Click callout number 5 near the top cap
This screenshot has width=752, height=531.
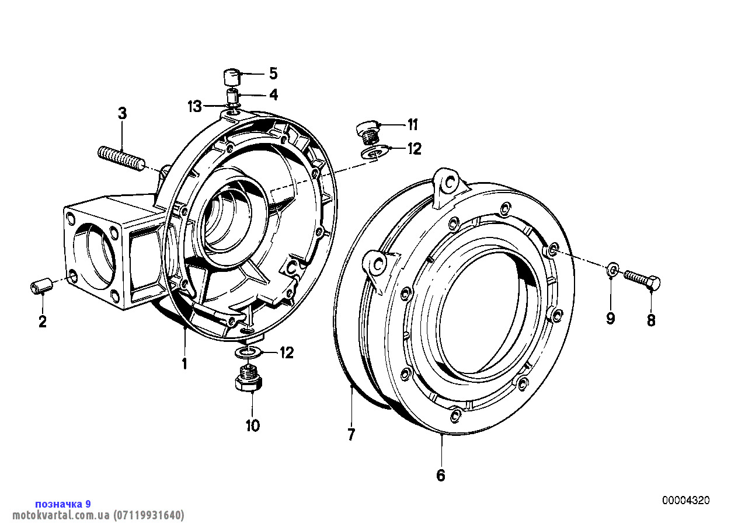pyautogui.click(x=274, y=74)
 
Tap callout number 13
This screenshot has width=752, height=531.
pyautogui.click(x=195, y=107)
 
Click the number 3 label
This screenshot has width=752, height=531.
pyautogui.click(x=122, y=113)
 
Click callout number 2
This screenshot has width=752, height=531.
pyautogui.click(x=42, y=322)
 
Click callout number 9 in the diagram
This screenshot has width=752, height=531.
pyautogui.click(x=610, y=318)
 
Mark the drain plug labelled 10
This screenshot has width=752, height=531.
pyautogui.click(x=249, y=379)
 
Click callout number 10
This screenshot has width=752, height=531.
pyautogui.click(x=253, y=425)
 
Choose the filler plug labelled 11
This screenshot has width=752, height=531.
pyautogui.click(x=368, y=134)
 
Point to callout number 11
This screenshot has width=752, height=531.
pyautogui.click(x=413, y=125)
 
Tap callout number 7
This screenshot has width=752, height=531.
pyautogui.click(x=351, y=435)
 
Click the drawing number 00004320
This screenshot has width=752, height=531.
pyautogui.click(x=686, y=501)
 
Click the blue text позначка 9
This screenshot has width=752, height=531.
pyautogui.click(x=63, y=504)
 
